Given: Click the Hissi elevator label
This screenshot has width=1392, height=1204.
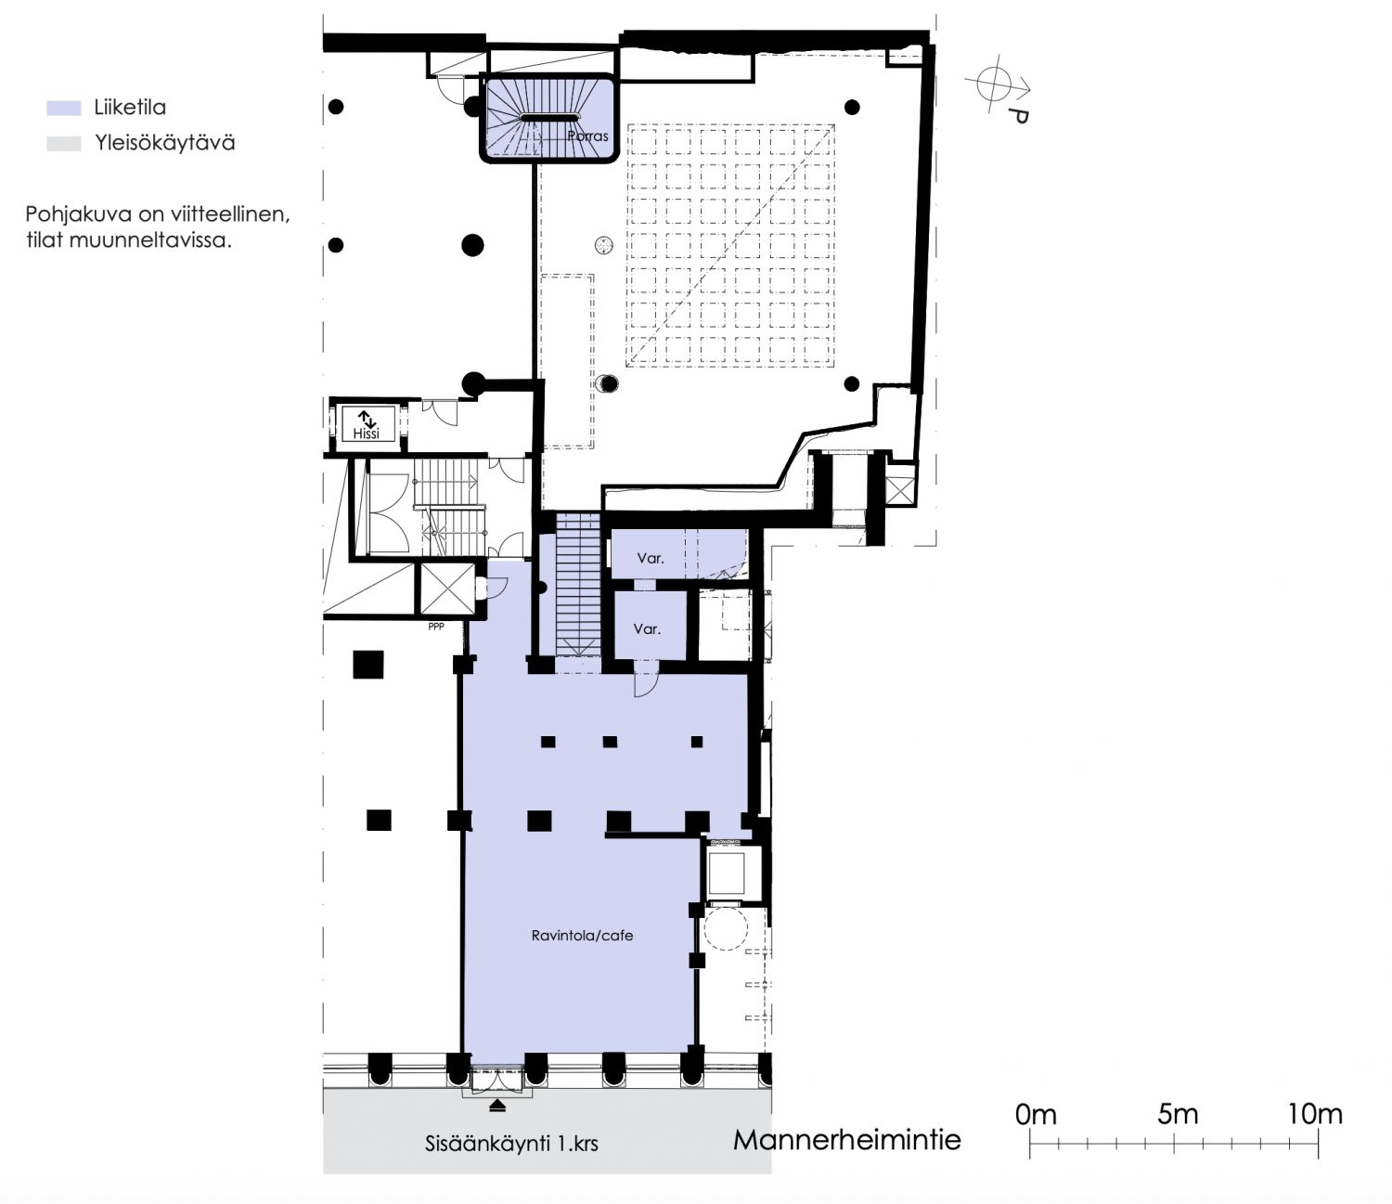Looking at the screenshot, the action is [366, 434].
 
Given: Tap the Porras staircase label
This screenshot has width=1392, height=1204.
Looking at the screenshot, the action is [588, 136].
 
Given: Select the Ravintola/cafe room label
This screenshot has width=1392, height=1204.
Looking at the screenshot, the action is [582, 935].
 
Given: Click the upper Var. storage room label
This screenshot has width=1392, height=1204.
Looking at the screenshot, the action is [651, 558].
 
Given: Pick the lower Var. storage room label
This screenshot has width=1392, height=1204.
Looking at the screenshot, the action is [647, 628].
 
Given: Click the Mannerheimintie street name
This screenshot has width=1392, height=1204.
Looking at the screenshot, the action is [846, 1139].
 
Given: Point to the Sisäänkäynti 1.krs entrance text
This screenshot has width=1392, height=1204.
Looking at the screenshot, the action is [511, 1144].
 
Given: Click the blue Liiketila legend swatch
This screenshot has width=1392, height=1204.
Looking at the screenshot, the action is [63, 108].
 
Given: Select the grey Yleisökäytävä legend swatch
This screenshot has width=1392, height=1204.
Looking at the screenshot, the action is [63, 144].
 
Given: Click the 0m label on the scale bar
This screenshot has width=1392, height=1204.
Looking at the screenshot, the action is [1036, 1115].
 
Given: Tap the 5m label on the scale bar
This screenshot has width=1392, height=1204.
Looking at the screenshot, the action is [1178, 1114].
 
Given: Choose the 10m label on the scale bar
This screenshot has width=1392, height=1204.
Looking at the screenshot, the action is [1315, 1114].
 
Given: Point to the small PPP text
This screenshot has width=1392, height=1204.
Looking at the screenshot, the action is [436, 627].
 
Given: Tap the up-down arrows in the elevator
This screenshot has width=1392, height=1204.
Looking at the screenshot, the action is [367, 418].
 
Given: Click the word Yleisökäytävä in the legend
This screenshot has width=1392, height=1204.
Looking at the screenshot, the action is [165, 143].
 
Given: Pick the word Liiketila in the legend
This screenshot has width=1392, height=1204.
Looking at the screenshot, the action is [130, 107].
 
